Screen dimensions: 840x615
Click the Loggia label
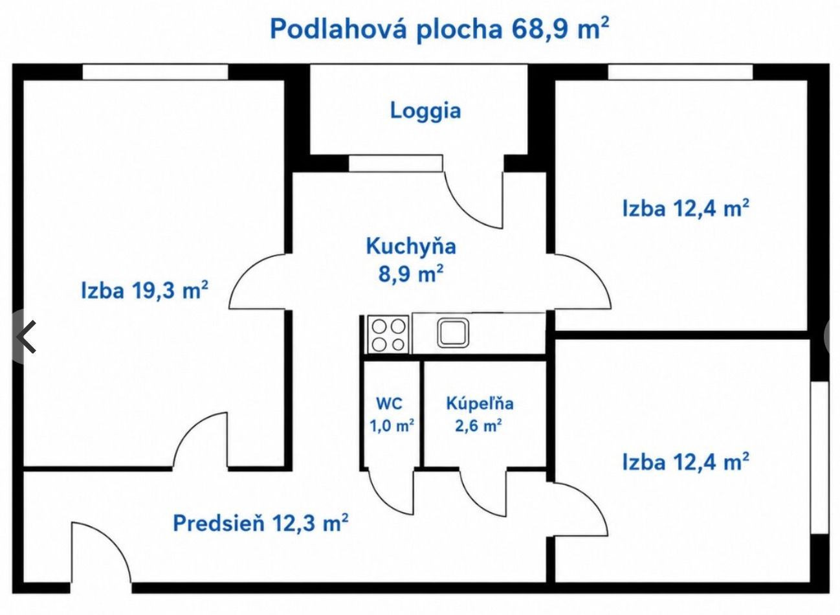tap(425, 111)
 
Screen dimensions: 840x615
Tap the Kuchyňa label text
tap(411, 247)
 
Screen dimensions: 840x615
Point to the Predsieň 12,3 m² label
tap(261, 522)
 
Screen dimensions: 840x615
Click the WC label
tap(389, 403)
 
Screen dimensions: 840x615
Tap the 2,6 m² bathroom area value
tap(478, 425)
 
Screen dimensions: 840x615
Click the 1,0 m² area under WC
tap(392, 425)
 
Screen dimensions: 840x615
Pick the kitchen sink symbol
tap(454, 333)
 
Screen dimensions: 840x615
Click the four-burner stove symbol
tap(388, 334)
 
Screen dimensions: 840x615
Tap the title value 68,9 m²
tap(560, 28)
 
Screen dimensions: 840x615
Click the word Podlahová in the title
tap(338, 28)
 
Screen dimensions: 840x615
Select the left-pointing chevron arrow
tap(27, 337)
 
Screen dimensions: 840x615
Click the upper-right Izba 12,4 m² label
tap(686, 208)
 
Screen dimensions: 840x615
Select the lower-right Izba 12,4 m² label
tap(686, 462)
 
